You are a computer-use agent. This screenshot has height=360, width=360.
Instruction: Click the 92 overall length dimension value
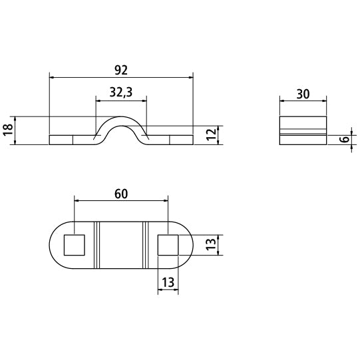[x=120, y=69]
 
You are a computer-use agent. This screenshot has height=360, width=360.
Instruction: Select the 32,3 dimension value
[x=120, y=94]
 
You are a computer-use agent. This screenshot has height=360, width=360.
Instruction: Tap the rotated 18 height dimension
[x=7, y=130]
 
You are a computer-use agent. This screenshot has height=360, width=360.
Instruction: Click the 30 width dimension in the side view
[x=303, y=94]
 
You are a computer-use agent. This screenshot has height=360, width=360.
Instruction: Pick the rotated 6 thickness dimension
[x=343, y=140]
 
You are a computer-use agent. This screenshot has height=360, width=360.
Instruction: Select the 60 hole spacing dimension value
[x=120, y=194]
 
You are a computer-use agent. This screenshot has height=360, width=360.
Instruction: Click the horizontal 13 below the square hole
[x=168, y=282]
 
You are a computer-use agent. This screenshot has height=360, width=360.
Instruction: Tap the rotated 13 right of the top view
[x=210, y=245]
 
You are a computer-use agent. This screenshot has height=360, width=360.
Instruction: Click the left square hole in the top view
[x=73, y=245]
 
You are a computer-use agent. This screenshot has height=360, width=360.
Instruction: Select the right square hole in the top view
[x=168, y=245]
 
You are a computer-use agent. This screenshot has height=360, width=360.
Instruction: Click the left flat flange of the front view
[x=70, y=140]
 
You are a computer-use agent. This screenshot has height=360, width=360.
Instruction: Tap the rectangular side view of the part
[x=303, y=130]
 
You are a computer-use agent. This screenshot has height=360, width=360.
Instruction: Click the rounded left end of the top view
[x=55, y=245]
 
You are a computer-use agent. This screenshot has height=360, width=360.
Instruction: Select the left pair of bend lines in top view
[x=96, y=245]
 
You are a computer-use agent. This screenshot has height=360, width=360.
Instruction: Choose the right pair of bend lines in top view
[x=144, y=245]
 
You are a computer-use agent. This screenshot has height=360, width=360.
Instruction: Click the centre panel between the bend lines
[x=120, y=245]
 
